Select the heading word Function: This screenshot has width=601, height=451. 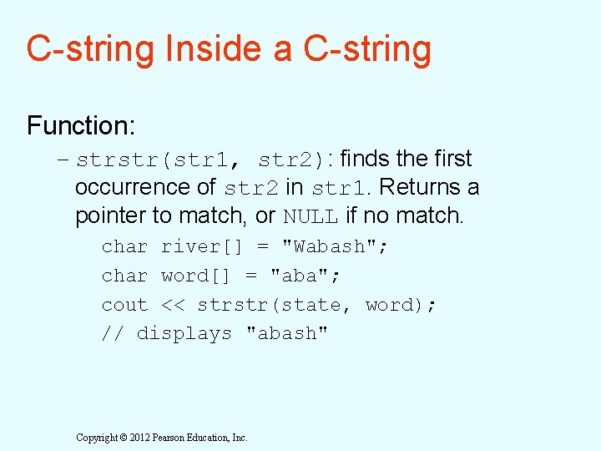(81, 126)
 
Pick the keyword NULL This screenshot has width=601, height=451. (311, 216)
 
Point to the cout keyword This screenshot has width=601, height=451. (124, 305)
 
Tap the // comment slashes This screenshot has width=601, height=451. (112, 333)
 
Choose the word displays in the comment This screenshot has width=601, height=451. (184, 334)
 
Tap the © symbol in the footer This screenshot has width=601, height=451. (124, 438)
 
